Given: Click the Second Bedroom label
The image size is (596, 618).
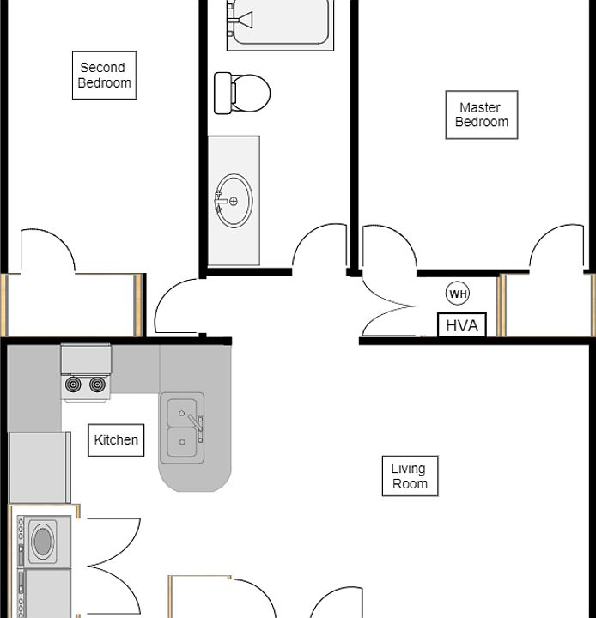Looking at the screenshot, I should click(104, 76).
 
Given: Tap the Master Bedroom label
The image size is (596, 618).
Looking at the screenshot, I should click(482, 115).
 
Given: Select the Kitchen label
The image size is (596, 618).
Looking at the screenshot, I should click(116, 440).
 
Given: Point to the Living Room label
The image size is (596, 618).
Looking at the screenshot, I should click(410, 476).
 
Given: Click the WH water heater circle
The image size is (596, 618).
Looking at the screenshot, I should click(459, 294).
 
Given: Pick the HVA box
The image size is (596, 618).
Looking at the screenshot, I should click(462, 326).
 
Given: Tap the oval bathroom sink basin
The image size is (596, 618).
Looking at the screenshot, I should click(235, 201).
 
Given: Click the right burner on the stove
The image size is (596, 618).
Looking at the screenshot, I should click(97, 385).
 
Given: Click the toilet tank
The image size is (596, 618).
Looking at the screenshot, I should click(222, 92).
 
